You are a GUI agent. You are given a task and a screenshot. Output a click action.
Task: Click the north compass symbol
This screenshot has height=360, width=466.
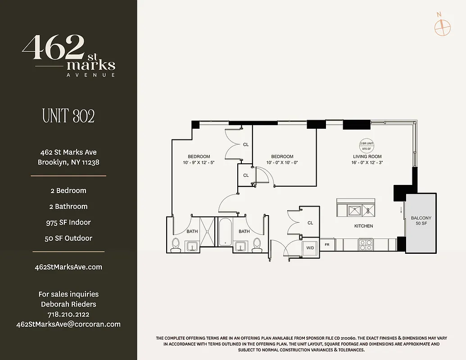(x=442, y=27)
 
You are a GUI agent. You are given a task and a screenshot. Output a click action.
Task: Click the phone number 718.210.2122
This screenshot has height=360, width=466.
(x=68, y=314)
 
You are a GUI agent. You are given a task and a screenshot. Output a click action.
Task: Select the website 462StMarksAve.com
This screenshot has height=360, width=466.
(x=68, y=267)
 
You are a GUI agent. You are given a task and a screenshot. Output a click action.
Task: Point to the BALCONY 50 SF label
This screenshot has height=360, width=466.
(x=421, y=220)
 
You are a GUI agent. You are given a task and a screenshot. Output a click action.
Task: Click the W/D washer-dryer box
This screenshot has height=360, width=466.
(x=310, y=247)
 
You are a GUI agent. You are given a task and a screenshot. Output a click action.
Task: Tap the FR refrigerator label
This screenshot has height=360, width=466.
(x=327, y=245)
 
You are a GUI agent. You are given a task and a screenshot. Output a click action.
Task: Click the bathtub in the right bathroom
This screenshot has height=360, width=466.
(x=225, y=232)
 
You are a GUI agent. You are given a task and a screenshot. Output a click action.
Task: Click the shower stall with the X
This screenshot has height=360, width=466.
(x=208, y=232)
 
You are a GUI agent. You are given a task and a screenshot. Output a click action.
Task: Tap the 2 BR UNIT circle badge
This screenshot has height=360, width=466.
(x=366, y=145)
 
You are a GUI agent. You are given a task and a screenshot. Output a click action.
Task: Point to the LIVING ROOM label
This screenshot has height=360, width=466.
(x=367, y=157)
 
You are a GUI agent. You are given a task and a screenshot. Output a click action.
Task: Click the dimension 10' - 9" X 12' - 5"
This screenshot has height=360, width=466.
(x=199, y=162)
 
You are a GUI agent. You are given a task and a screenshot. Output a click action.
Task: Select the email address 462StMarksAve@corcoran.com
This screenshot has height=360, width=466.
(x=68, y=324)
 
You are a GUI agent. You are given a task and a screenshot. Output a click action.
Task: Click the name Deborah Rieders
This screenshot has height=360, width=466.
(x=68, y=304)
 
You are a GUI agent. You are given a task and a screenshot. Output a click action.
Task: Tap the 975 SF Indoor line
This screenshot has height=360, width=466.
(x=68, y=222)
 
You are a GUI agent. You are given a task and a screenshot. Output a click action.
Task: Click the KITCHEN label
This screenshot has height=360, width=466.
(x=363, y=226)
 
